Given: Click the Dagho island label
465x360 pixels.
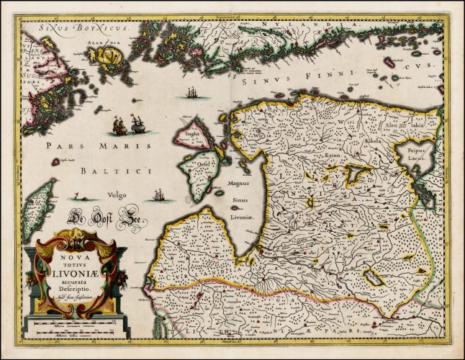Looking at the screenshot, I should coord(192,135).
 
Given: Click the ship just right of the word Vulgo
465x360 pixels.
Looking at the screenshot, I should coord(158,195).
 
